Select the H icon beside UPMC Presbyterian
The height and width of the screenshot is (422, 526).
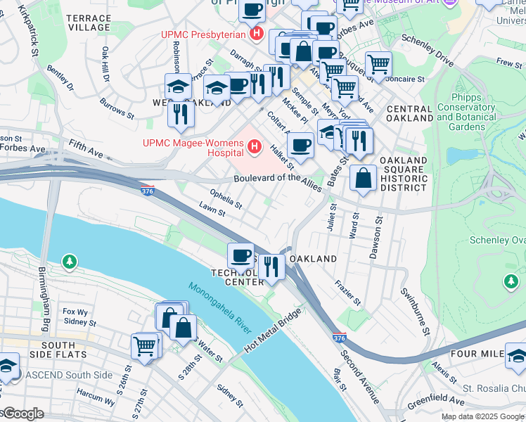click(257, 33)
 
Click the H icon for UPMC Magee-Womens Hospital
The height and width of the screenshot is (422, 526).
click(255, 148)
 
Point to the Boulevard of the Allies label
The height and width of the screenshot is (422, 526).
click(277, 181)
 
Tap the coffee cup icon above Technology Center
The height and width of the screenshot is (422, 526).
click(240, 255)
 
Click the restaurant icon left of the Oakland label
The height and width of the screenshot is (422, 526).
click(270, 266)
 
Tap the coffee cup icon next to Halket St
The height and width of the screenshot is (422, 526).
click(300, 145)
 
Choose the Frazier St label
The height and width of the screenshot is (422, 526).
click(348, 294)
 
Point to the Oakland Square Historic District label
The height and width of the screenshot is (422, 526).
click(404, 174)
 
